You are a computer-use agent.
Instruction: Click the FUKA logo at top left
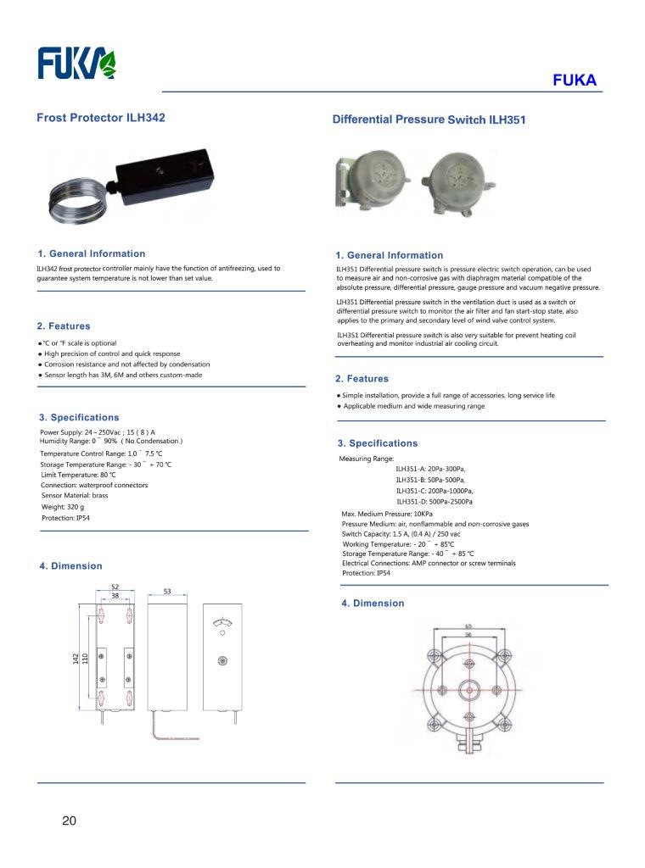click(x=77, y=62)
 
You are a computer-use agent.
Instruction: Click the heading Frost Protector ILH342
click(x=100, y=118)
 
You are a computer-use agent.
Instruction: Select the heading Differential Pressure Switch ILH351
click(x=429, y=120)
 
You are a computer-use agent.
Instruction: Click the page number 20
click(x=69, y=821)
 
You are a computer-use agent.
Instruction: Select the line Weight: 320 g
click(x=63, y=507)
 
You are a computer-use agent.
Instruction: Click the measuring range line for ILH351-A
click(x=430, y=469)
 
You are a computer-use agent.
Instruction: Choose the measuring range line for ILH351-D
click(x=435, y=502)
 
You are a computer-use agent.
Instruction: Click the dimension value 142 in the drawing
click(x=76, y=659)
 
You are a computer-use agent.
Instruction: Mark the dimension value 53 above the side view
click(x=167, y=592)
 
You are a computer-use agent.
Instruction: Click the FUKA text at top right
click(x=575, y=81)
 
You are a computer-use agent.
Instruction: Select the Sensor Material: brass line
click(x=75, y=496)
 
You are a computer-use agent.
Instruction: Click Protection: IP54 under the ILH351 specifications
click(x=366, y=573)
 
